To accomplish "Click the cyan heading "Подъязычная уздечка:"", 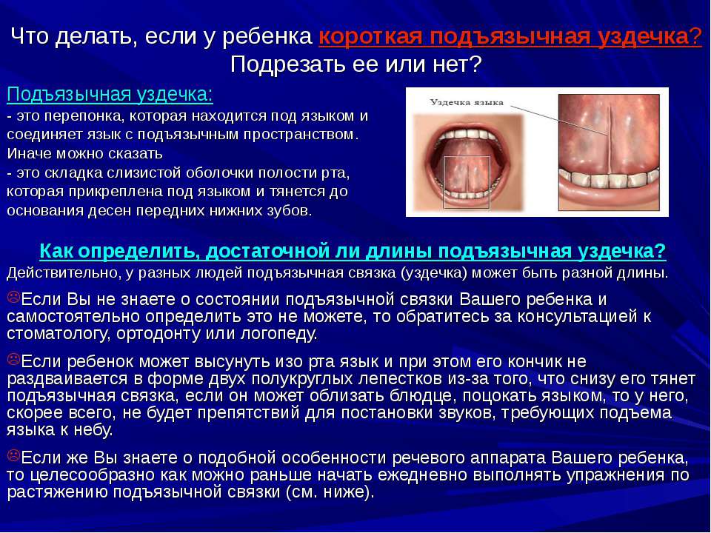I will (x=110, y=95).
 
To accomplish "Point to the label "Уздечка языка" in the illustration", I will (x=467, y=102).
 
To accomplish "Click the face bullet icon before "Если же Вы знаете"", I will (x=13, y=455).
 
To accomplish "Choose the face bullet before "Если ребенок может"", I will (x=13, y=360).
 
